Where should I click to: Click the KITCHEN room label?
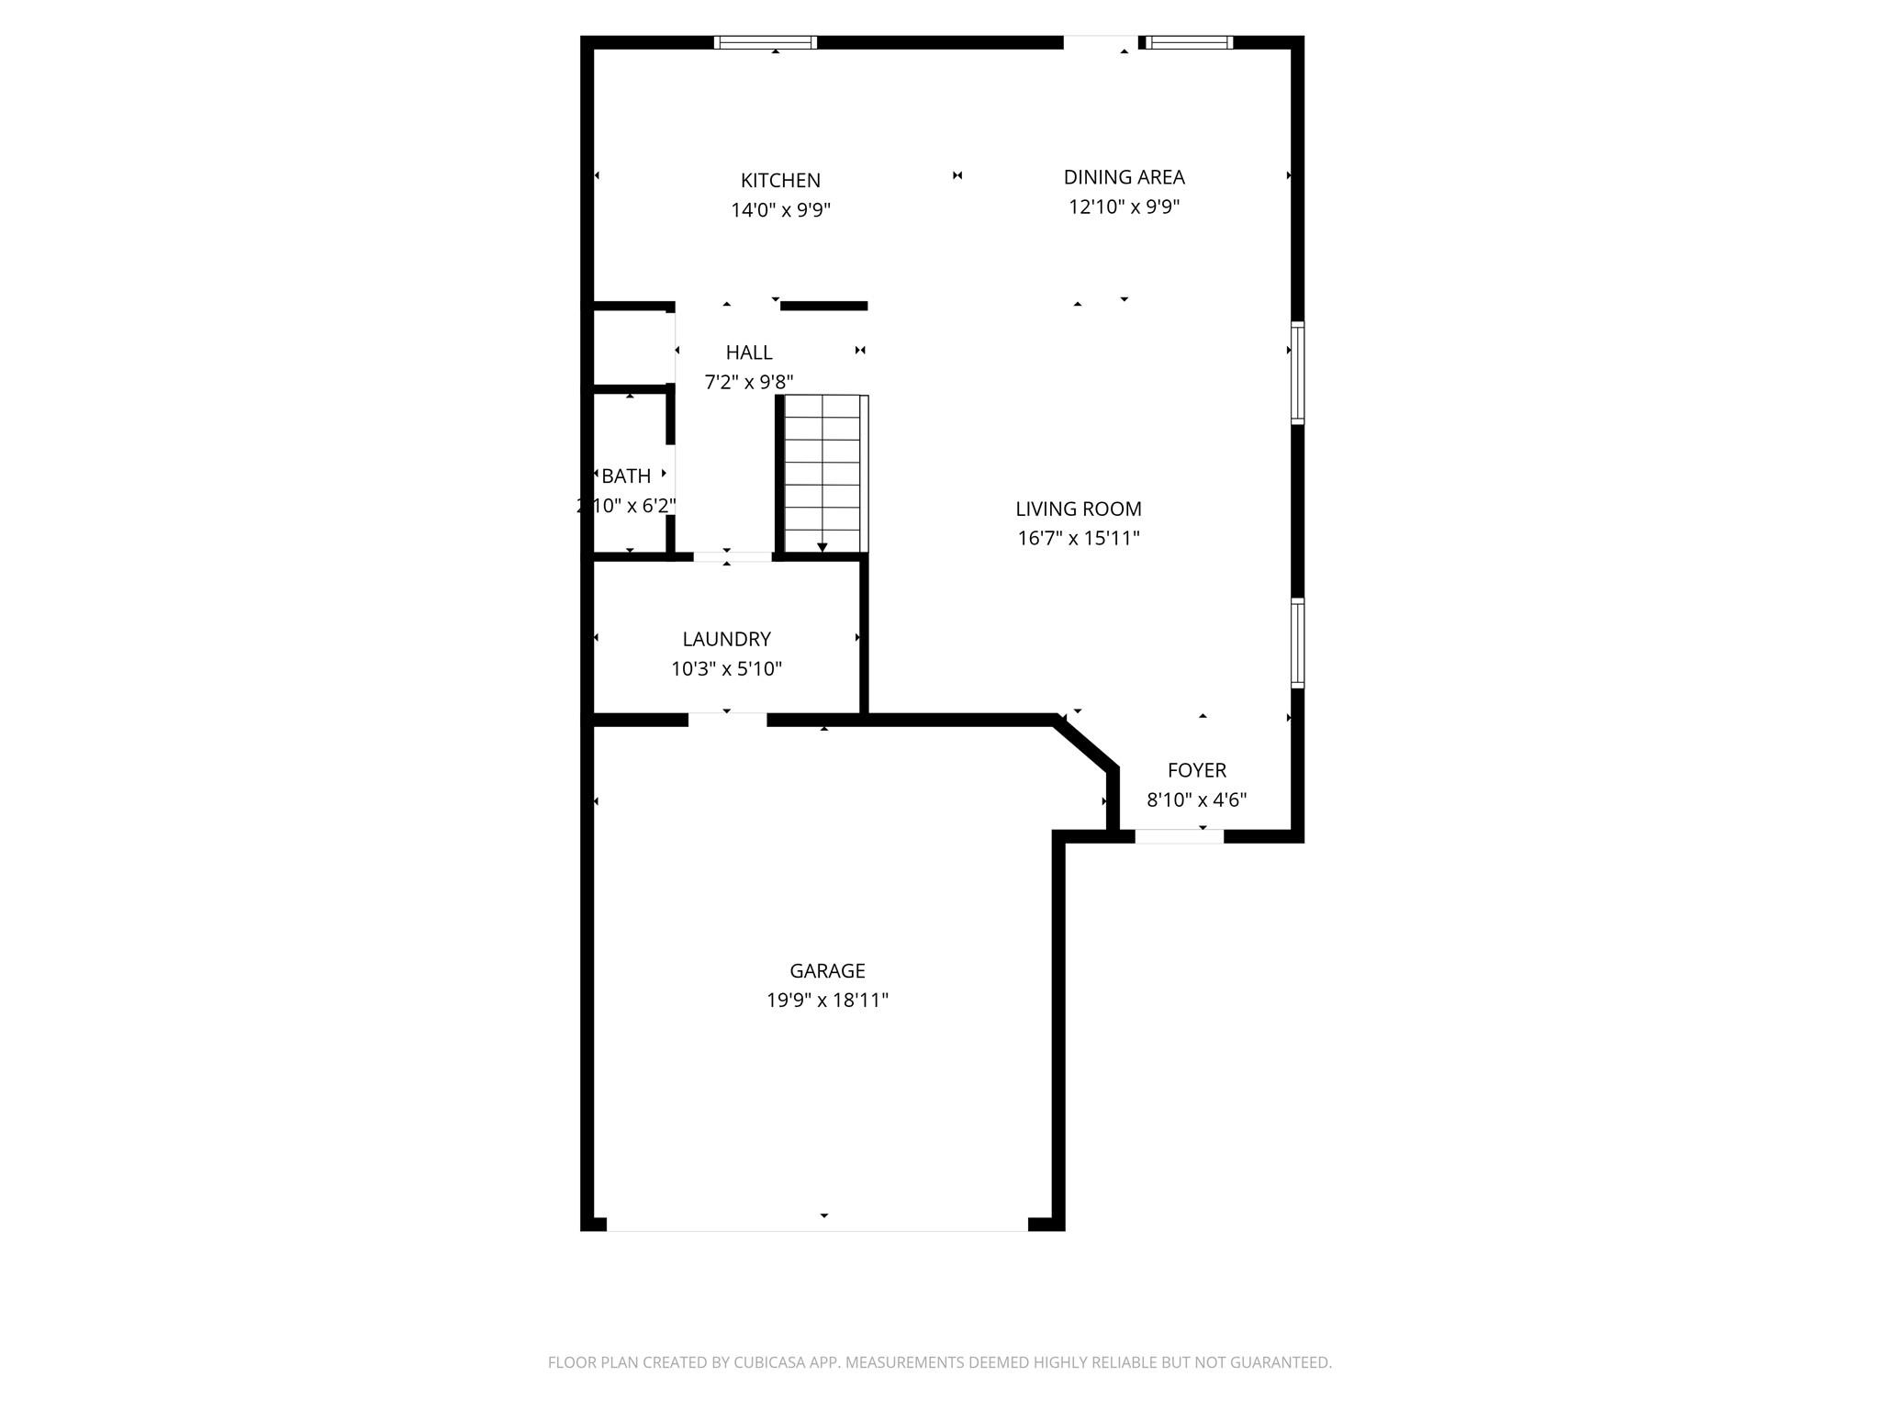pyautogui.click(x=780, y=181)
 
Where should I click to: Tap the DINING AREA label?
pyautogui.click(x=1124, y=177)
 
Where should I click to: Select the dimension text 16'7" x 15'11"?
pyautogui.click(x=1079, y=538)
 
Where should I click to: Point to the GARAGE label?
pyautogui.click(x=827, y=970)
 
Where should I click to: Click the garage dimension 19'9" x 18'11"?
pyautogui.click(x=827, y=1000)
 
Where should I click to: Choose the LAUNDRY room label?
pyautogui.click(x=726, y=639)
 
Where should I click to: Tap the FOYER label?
pyautogui.click(x=1196, y=770)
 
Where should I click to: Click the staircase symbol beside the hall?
pyautogui.click(x=823, y=474)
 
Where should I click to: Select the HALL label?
pyautogui.click(x=749, y=352)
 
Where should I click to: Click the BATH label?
pyautogui.click(x=626, y=476)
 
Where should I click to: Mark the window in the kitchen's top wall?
pyautogui.click(x=766, y=42)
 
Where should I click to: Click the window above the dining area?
pyautogui.click(x=1190, y=42)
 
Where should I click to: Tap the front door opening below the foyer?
pyautogui.click(x=1179, y=835)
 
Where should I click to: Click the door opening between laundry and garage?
pyautogui.click(x=727, y=720)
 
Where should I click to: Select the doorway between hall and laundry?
pyautogui.click(x=732, y=556)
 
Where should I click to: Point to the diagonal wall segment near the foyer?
pyautogui.click(x=1087, y=744)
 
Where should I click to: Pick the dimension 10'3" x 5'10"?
pyautogui.click(x=726, y=668)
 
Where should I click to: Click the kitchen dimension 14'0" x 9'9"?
pyautogui.click(x=780, y=210)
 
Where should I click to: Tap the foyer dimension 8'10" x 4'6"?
pyautogui.click(x=1196, y=800)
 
